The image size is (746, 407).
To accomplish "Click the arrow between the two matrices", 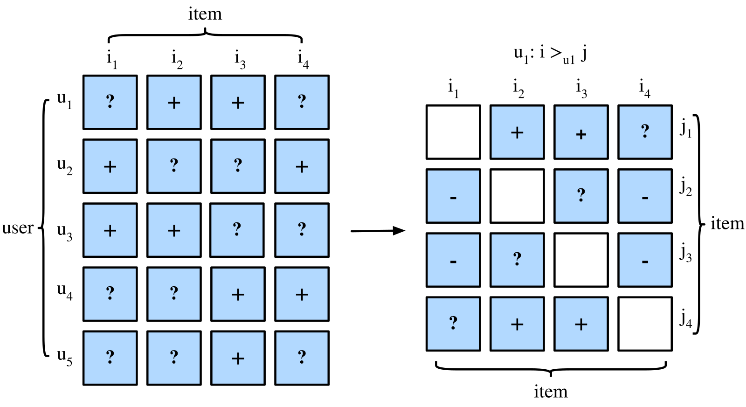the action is tap(378, 230).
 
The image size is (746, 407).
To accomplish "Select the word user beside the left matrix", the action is tap(18, 228).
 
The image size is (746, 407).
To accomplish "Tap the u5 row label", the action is tap(65, 357).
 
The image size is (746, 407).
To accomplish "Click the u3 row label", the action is tap(65, 232).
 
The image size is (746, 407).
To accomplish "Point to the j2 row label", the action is tap(685, 187).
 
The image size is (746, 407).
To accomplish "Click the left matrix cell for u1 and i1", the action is tap(110, 102).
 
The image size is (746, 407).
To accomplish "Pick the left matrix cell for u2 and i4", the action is tap(302, 166).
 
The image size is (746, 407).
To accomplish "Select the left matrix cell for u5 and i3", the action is tap(238, 358).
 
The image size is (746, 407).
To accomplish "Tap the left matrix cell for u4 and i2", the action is tap(174, 294).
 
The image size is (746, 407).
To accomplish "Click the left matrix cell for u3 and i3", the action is tap(237, 230).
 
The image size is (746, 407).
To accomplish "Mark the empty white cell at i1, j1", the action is tap(453, 132).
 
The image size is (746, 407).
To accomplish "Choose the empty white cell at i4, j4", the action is tap(645, 324).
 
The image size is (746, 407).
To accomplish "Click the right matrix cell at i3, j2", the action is tap(581, 196).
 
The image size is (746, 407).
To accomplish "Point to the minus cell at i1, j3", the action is tap(453, 260).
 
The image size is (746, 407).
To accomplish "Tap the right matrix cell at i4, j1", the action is tap(645, 132).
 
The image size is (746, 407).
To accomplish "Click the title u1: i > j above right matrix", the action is tap(550, 54).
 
